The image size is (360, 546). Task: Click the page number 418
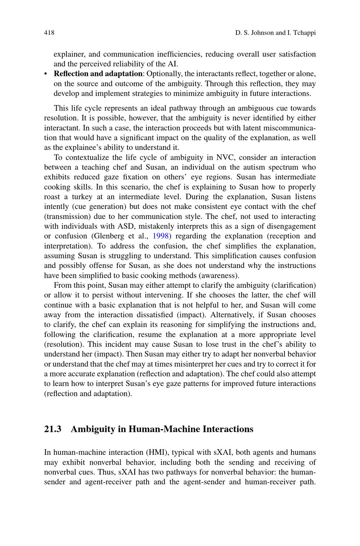(49, 33)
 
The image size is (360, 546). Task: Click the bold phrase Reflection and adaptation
(98, 74)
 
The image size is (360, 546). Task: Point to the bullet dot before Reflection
(46, 74)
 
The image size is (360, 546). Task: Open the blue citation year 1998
(161, 236)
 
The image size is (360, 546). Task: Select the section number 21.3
(53, 429)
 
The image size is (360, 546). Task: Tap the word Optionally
(164, 74)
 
